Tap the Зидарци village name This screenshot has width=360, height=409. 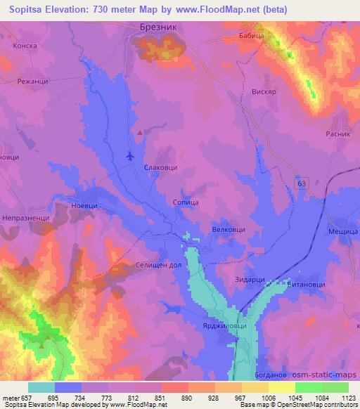(249, 280)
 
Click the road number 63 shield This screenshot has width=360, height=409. (300, 183)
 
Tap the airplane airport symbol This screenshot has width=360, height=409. (130, 155)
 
